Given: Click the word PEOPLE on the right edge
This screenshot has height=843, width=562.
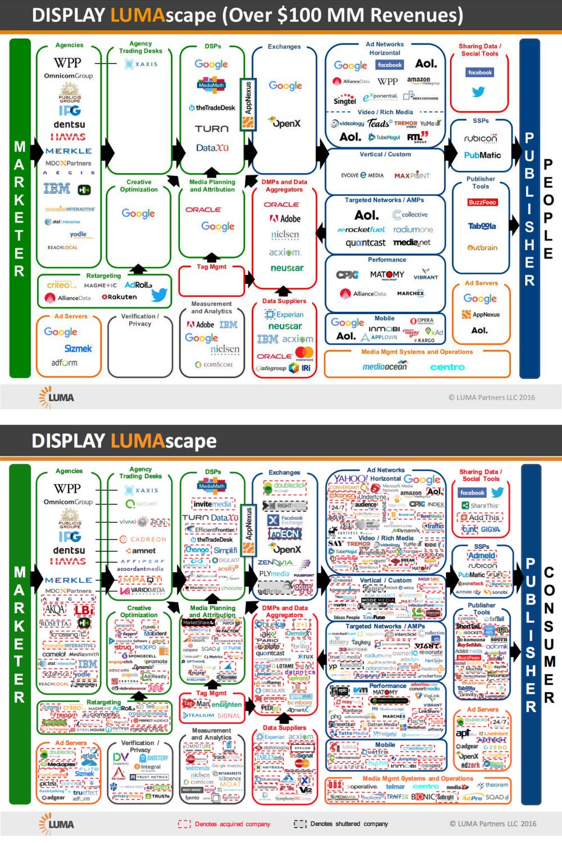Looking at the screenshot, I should pyautogui.click(x=549, y=209).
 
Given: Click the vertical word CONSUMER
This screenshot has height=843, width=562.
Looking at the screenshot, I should pyautogui.click(x=549, y=634).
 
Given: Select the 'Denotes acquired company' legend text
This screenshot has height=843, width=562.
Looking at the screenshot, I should pyautogui.click(x=232, y=824).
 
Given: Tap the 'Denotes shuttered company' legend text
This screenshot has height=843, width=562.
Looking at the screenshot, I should pyautogui.click(x=348, y=824).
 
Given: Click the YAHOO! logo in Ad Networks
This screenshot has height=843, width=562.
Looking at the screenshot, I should pyautogui.click(x=351, y=478).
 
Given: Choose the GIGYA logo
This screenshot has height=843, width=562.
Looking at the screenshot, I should pyautogui.click(x=491, y=529).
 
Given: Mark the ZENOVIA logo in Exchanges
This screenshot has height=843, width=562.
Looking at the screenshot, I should pyautogui.click(x=275, y=563).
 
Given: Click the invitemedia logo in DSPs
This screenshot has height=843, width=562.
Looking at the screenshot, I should pyautogui.click(x=212, y=504).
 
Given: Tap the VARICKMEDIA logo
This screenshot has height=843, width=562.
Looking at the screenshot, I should pyautogui.click(x=147, y=590).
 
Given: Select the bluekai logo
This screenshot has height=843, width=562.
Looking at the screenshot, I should pyautogui.click(x=271, y=624).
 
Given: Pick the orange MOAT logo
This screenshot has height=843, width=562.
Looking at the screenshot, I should pyautogui.click(x=230, y=784).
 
